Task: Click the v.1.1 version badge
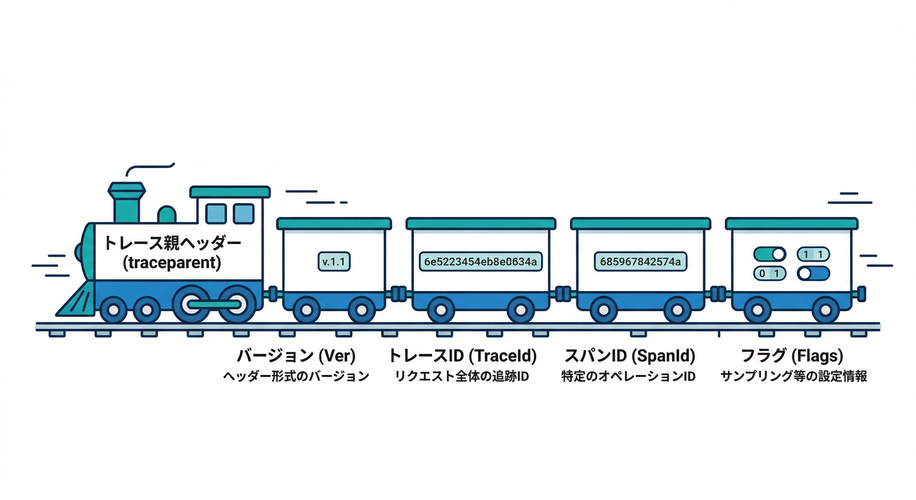(334, 262)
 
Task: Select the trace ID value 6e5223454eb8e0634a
(481, 262)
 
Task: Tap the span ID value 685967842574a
(640, 262)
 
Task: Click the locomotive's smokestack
(126, 202)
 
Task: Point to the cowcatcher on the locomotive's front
(77, 299)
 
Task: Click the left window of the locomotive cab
(216, 214)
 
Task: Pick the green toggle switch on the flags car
(770, 254)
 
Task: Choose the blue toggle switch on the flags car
(813, 273)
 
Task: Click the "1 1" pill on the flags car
(813, 254)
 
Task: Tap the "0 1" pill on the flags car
(770, 273)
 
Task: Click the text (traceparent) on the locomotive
(172, 262)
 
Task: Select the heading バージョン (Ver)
(296, 355)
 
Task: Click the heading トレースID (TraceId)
(462, 355)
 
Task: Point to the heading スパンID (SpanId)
(630, 355)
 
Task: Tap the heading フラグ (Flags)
(792, 355)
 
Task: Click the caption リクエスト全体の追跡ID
(462, 376)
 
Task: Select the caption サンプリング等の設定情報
(793, 376)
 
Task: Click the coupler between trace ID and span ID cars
(563, 294)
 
